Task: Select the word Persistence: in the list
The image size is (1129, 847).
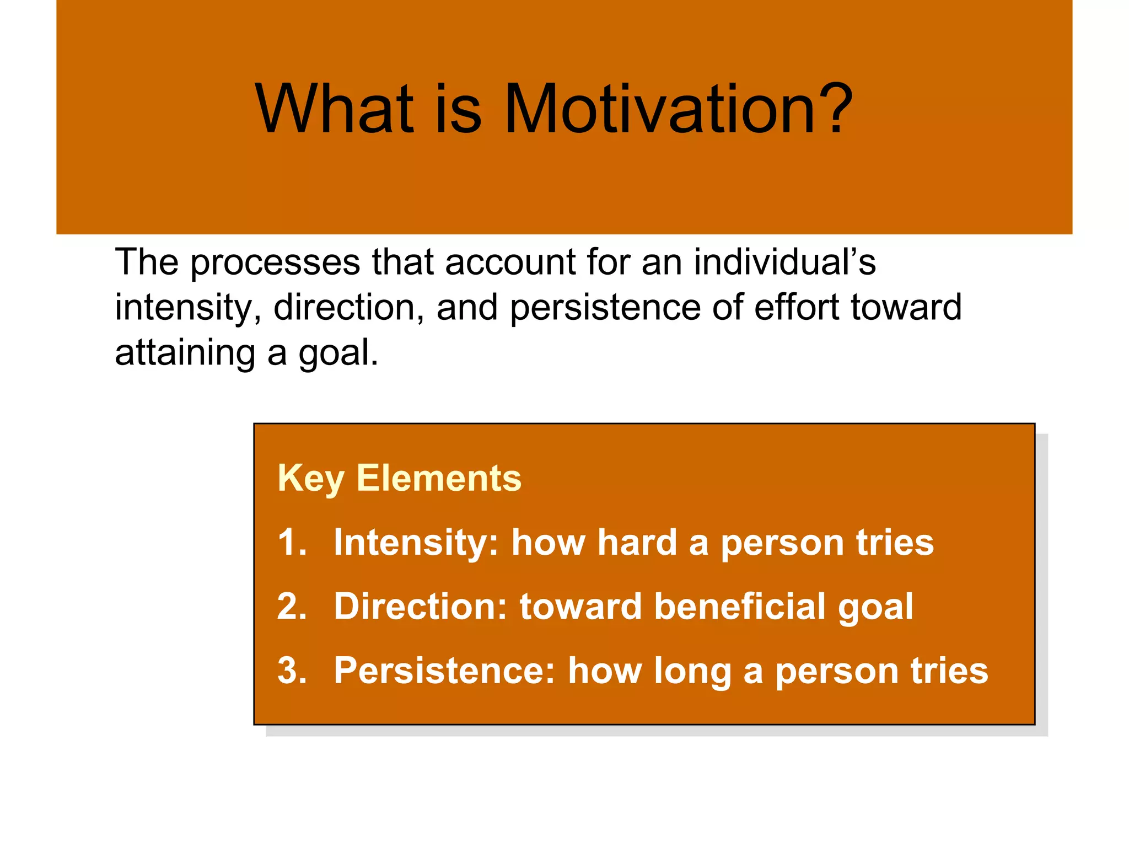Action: [444, 671]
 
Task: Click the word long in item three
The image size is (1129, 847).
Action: [692, 672]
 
